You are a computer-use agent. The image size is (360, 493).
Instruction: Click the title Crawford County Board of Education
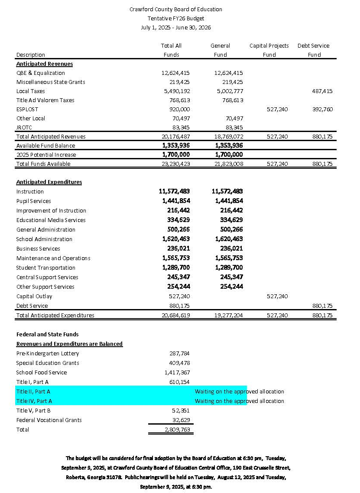pyautogui.click(x=175, y=9)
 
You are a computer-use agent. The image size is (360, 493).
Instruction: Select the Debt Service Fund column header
pyautogui.click(x=313, y=50)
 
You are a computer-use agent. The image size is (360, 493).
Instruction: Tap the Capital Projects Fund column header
pyautogui.click(x=269, y=50)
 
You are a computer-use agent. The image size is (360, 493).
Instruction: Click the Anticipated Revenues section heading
pyautogui.click(x=45, y=64)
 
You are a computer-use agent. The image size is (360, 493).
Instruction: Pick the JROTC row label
pyautogui.click(x=24, y=127)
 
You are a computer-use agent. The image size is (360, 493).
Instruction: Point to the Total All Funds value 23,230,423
pyautogui.click(x=175, y=164)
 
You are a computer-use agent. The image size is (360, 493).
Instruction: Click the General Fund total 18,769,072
pyautogui.click(x=228, y=136)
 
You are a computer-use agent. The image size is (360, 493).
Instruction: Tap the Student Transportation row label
pyautogui.click(x=46, y=267)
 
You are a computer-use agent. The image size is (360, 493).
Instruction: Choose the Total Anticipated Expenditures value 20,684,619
pyautogui.click(x=175, y=315)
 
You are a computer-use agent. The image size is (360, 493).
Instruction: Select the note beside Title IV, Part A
pyautogui.click(x=239, y=401)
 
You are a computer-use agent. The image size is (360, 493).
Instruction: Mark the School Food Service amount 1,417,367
pyautogui.click(x=177, y=372)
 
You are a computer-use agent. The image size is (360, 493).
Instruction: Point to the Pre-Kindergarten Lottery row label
pyautogui.click(x=48, y=353)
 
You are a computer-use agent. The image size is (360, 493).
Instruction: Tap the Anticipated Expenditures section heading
pyautogui.click(x=49, y=182)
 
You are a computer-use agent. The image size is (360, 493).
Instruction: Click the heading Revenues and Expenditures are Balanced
pyautogui.click(x=69, y=344)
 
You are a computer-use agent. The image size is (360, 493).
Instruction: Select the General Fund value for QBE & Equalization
pyautogui.click(x=228, y=73)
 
